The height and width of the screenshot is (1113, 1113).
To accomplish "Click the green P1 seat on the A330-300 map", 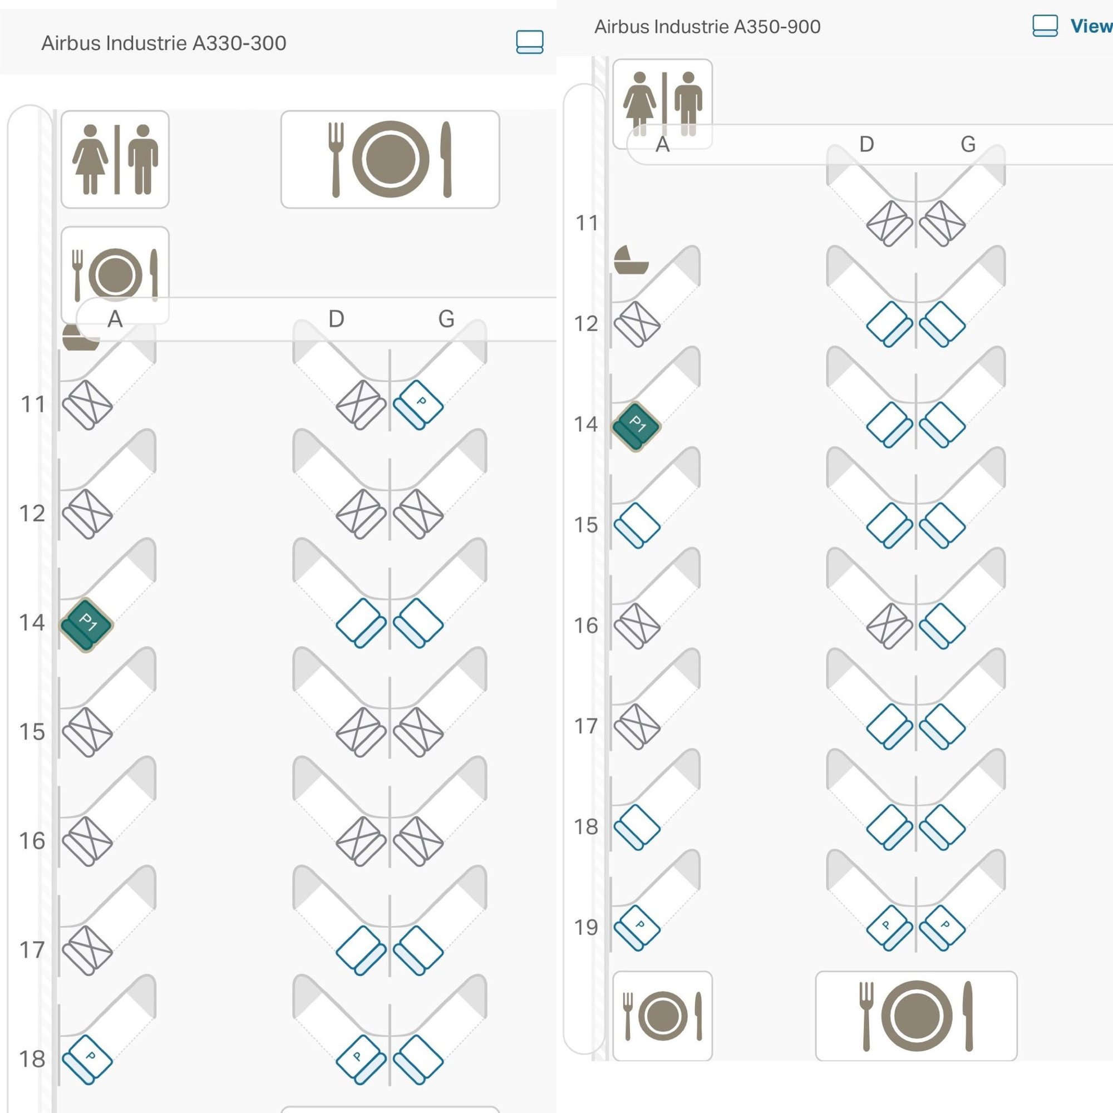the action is click(87, 625).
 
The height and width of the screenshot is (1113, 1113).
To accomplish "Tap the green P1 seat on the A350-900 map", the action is click(636, 426).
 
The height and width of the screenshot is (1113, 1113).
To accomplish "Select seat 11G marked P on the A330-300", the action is click(418, 405).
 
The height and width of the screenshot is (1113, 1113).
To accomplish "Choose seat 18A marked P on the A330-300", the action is click(87, 1060).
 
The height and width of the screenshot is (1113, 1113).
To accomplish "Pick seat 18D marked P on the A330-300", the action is click(361, 1060).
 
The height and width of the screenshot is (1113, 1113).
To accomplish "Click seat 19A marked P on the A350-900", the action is click(637, 928).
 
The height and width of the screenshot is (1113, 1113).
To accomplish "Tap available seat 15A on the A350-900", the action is click(637, 525).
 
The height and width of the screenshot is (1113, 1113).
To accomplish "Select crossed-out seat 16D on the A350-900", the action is click(889, 626).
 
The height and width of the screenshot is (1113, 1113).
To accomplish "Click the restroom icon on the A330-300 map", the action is click(115, 160).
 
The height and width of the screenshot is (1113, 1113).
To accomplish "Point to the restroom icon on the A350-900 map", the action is click(662, 104).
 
